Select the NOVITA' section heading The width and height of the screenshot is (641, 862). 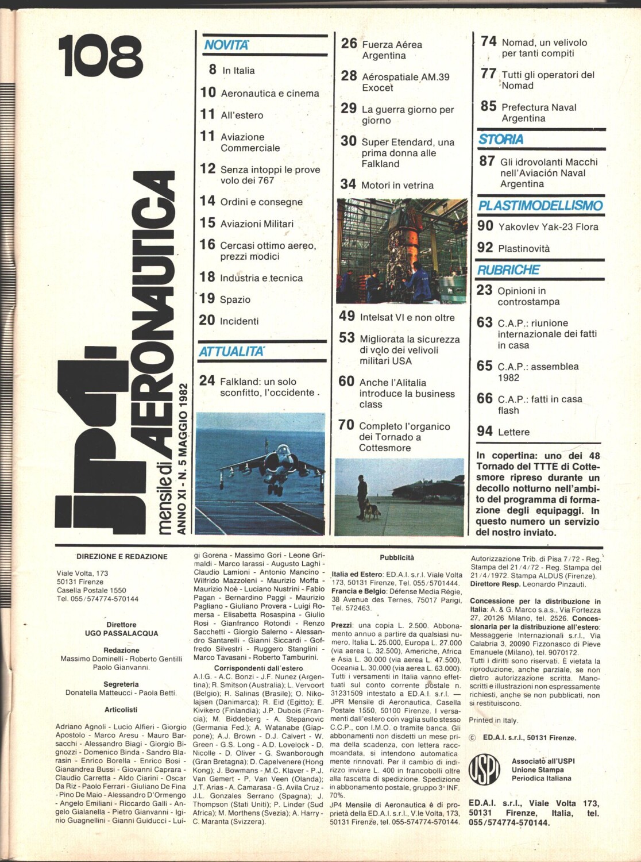[x=227, y=45]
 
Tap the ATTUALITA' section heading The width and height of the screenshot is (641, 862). [x=231, y=352]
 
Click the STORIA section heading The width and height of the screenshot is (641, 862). [x=501, y=140]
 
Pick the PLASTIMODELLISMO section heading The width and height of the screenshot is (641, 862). [x=540, y=206]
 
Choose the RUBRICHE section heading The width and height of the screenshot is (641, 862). [x=508, y=270]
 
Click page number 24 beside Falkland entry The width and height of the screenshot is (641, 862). [x=207, y=381]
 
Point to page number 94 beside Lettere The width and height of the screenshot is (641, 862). [x=485, y=431]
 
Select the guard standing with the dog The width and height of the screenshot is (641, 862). [x=362, y=495]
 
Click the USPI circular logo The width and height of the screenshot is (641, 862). [x=484, y=770]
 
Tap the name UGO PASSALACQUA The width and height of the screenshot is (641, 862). [x=121, y=633]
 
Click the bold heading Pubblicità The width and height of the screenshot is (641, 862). [x=397, y=557]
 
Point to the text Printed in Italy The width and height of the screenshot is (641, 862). [x=493, y=720]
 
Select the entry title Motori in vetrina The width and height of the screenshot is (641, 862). [x=397, y=185]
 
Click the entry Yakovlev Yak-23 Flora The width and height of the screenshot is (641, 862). [x=548, y=226]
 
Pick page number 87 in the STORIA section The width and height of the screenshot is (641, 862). [x=487, y=161]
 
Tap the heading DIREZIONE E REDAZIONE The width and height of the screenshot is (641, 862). [x=122, y=557]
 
